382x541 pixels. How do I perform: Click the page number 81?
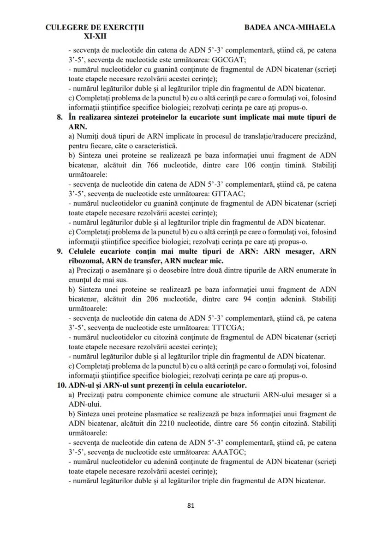pos(191,505)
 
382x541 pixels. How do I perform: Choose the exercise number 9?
pos(60,251)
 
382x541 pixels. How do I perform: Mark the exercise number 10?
pos(60,385)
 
